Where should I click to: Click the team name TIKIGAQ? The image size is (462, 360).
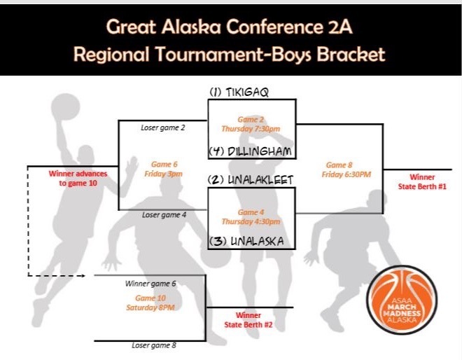[x=247, y=92]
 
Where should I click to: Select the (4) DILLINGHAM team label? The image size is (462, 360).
[x=251, y=151]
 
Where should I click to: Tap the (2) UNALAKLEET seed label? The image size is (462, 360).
[x=251, y=179]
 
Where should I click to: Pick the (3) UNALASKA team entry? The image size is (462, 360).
[x=246, y=241]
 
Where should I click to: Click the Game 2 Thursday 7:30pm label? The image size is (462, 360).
[x=251, y=124]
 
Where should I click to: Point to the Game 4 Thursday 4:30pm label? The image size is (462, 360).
[x=251, y=216]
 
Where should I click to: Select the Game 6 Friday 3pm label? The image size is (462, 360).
[x=163, y=169]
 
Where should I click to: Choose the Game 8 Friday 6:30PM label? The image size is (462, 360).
[x=346, y=169]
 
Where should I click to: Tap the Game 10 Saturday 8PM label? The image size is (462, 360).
[x=150, y=303]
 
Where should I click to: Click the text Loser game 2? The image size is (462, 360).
[x=163, y=127]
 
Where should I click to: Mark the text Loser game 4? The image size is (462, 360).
[x=164, y=215]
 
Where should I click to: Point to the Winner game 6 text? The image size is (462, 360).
[x=150, y=284]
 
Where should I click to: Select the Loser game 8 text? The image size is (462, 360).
[x=154, y=345]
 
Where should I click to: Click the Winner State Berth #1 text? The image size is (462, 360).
[x=422, y=181]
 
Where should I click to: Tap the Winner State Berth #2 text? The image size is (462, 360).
[x=248, y=320]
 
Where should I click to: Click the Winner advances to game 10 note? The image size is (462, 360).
[x=78, y=178]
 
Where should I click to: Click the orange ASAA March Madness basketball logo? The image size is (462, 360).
[x=402, y=300]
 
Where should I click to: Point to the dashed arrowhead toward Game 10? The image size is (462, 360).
[x=83, y=276]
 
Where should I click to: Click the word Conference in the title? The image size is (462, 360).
[x=274, y=27]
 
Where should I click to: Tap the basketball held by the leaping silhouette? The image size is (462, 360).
[x=66, y=106]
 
